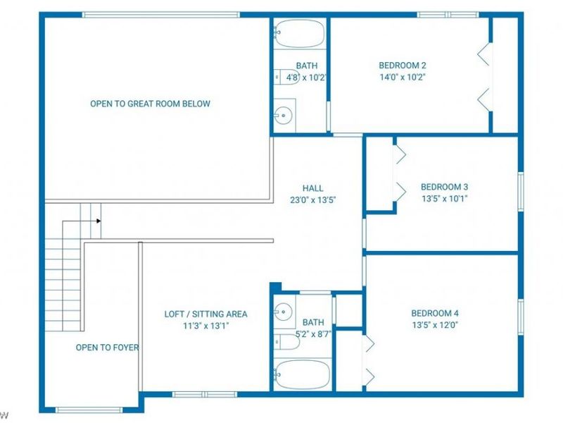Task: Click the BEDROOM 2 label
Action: click(x=403, y=66)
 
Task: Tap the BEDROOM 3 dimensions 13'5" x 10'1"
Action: click(x=445, y=199)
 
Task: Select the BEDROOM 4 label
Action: click(x=435, y=313)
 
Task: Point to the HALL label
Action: click(x=312, y=188)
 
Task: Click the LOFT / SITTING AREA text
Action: click(x=205, y=314)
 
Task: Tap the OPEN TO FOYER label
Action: click(x=107, y=348)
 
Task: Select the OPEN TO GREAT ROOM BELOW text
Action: click(x=150, y=104)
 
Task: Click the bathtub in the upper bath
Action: click(x=299, y=33)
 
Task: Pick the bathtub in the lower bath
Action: click(x=302, y=374)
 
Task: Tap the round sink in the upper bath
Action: click(x=284, y=116)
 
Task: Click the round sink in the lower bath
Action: click(x=284, y=311)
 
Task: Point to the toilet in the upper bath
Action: click(x=286, y=77)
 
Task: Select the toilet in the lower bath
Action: click(x=286, y=342)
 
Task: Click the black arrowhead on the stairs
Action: click(x=99, y=221)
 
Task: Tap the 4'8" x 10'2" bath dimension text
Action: click(x=306, y=78)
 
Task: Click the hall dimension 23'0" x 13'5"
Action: click(x=312, y=200)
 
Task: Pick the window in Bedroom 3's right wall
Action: click(x=521, y=192)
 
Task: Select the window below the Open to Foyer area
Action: click(x=89, y=410)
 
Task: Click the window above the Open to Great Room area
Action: click(x=161, y=15)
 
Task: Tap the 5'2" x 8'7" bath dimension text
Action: click(x=313, y=334)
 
